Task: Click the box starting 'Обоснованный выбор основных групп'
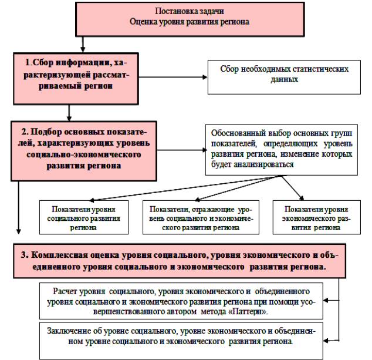click(280, 149)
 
